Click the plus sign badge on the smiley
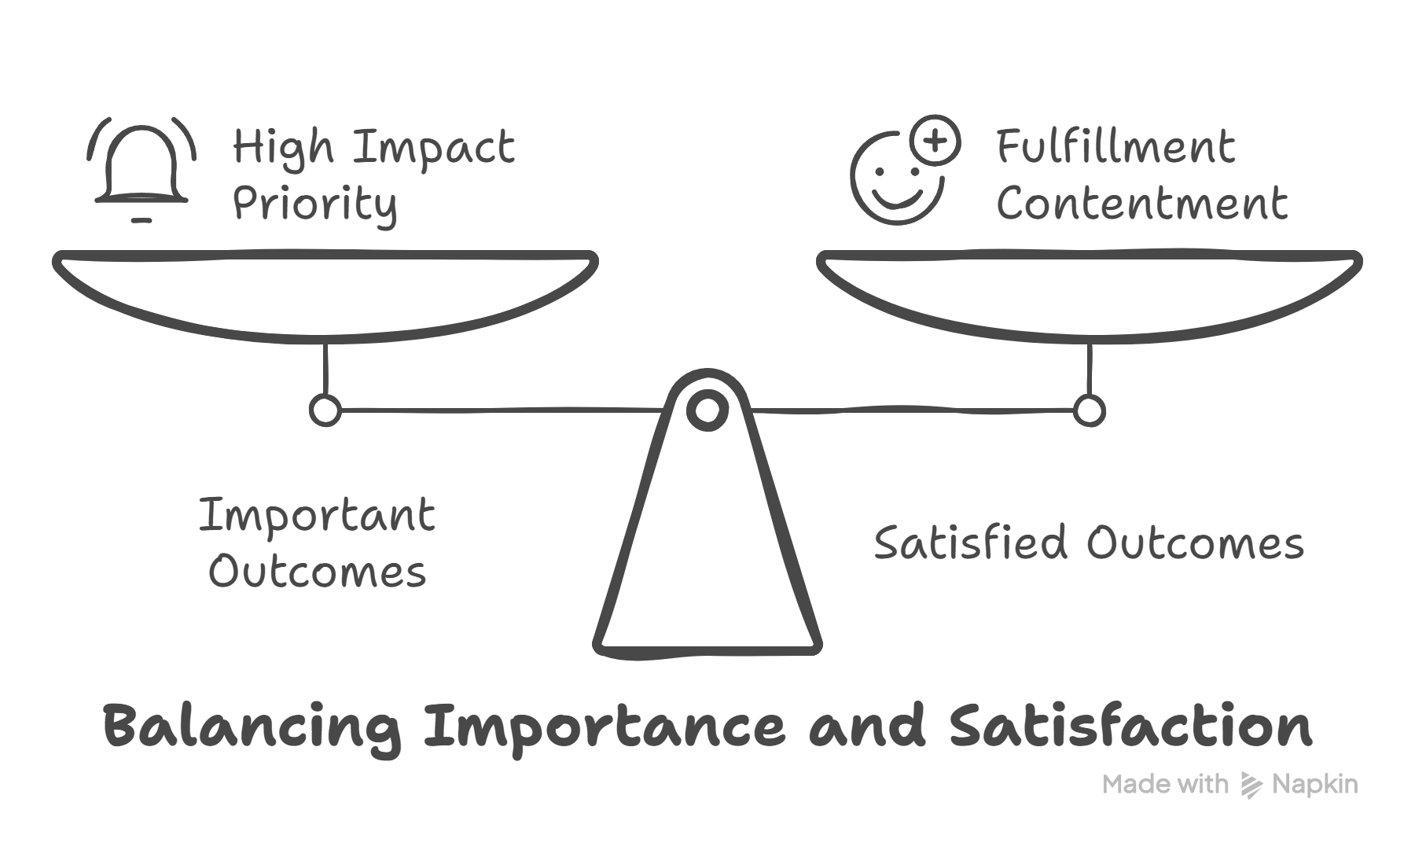click(935, 142)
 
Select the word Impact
click(433, 147)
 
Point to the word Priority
click(314, 204)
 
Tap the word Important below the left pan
click(317, 516)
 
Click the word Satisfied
click(970, 543)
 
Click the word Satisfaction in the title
click(1130, 726)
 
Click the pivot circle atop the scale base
click(707, 410)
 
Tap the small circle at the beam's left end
click(325, 410)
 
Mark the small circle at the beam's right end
click(1089, 410)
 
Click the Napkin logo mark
click(1250, 785)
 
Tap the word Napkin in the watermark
click(1314, 784)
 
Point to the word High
click(284, 148)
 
